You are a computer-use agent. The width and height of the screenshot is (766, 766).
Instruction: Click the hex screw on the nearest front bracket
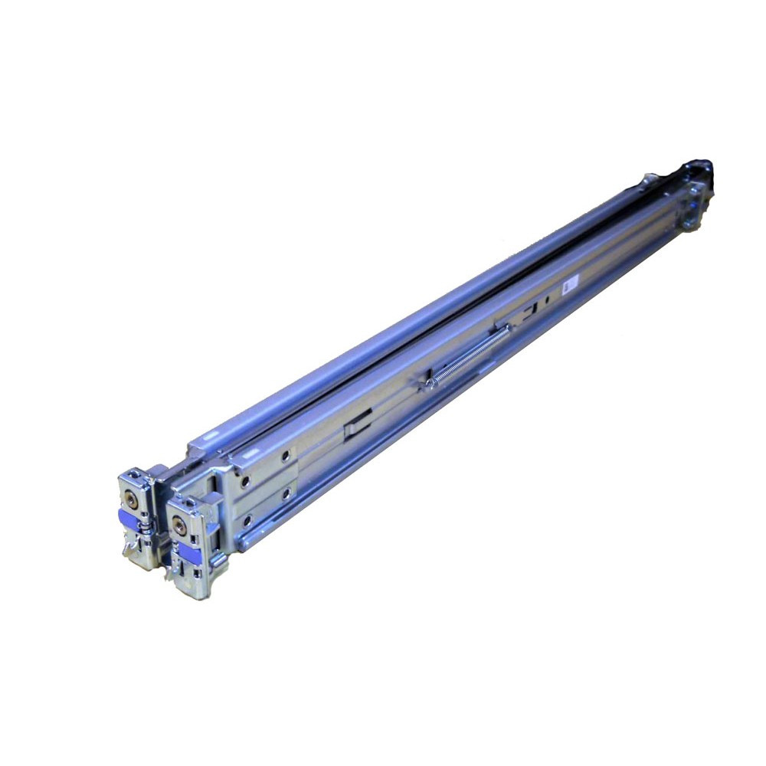[x=179, y=526]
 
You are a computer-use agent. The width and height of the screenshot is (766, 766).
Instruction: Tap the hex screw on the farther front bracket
[x=131, y=499]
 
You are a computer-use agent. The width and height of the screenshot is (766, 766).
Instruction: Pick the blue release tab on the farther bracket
[x=128, y=520]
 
